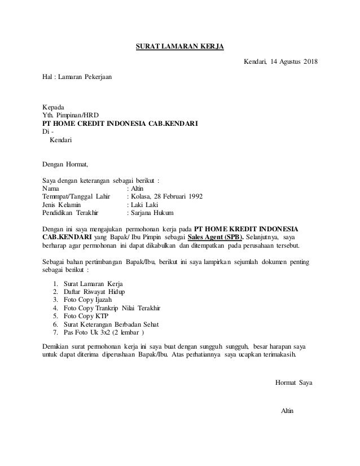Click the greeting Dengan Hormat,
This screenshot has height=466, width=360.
(66, 165)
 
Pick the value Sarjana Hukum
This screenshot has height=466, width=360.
(152, 214)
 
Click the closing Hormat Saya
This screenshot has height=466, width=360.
(295, 383)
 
